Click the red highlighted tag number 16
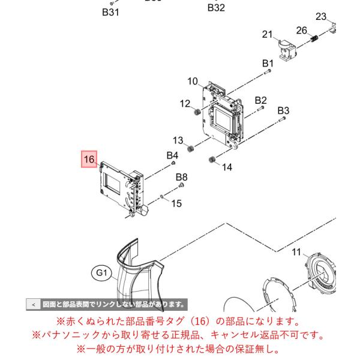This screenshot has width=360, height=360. click(89, 159)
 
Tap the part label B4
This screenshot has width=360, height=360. click(172, 155)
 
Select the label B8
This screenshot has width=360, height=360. click(181, 177)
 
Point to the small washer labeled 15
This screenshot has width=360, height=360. click(161, 197)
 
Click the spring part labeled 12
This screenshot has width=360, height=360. click(197, 112)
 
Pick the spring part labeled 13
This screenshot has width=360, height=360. click(190, 149)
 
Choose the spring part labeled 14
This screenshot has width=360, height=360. click(212, 160)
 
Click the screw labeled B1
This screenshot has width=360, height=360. click(268, 72)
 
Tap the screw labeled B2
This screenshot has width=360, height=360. click(260, 109)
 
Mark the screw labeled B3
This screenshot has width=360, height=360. click(282, 119)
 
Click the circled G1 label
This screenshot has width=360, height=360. click(101, 273)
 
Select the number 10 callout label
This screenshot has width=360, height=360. click(193, 81)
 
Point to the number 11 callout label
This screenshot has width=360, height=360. click(296, 252)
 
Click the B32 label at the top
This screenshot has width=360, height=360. click(216, 8)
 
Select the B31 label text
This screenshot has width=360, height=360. click(110, 12)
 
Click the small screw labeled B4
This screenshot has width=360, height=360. click(173, 163)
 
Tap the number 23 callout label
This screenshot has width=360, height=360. click(321, 16)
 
